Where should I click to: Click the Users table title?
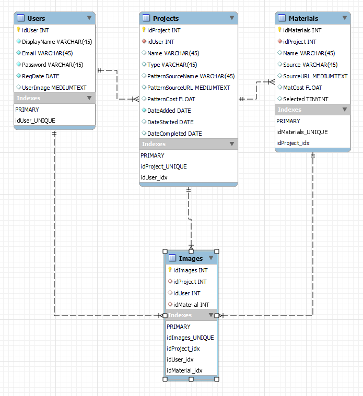click(x=36, y=18)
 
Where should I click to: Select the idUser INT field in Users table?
click(x=36, y=30)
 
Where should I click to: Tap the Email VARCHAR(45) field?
click(x=47, y=53)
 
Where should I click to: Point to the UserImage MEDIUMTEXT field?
click(x=54, y=88)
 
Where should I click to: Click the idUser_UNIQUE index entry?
click(x=35, y=121)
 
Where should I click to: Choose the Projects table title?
click(x=166, y=18)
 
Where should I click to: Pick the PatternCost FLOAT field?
click(x=171, y=99)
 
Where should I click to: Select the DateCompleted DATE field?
click(x=174, y=134)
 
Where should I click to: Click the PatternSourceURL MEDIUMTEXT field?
click(x=189, y=88)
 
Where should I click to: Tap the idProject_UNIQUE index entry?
click(x=163, y=167)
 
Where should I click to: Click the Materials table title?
click(x=303, y=18)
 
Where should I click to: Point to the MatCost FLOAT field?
click(x=302, y=88)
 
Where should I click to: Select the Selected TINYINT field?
click(x=305, y=99)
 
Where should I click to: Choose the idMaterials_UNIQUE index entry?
click(x=302, y=132)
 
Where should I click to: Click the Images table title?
click(x=191, y=258)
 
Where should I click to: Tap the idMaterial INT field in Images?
click(x=191, y=305)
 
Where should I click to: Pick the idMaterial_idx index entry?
click(x=184, y=370)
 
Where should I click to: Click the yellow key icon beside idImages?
click(x=169, y=270)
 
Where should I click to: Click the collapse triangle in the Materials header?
click(x=345, y=18)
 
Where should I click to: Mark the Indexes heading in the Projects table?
click(x=154, y=144)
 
